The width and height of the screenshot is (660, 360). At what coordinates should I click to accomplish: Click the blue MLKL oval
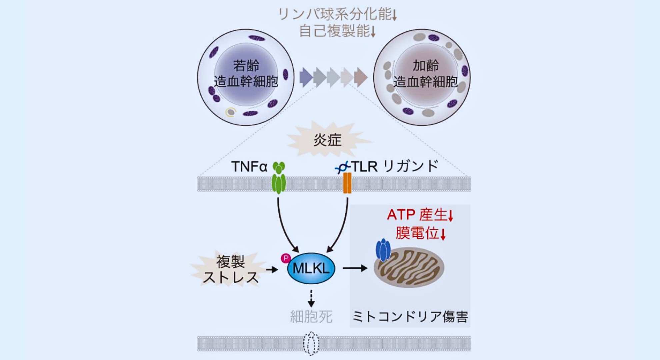pos(311,268)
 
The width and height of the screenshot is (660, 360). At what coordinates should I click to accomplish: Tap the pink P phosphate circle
pos(286,258)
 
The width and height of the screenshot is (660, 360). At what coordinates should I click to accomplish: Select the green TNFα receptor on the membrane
pos(279,178)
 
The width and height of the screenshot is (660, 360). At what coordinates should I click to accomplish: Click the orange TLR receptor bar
pos(347,183)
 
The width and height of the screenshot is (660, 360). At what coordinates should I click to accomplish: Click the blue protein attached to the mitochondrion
pos(383,250)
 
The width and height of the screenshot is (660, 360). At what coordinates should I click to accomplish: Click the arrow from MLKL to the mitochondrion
pos(355,268)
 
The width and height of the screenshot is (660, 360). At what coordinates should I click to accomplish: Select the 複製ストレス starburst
pos(231,269)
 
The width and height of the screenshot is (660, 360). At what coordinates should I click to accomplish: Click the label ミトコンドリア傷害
pos(410,317)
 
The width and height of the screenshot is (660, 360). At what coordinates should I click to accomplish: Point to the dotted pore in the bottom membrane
pos(311,343)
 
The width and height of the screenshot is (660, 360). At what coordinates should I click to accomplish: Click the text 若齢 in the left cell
pos(246,66)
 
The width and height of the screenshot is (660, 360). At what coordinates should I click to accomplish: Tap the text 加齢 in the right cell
pos(426,66)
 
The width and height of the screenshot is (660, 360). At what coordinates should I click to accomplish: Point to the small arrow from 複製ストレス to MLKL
pos(272,269)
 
